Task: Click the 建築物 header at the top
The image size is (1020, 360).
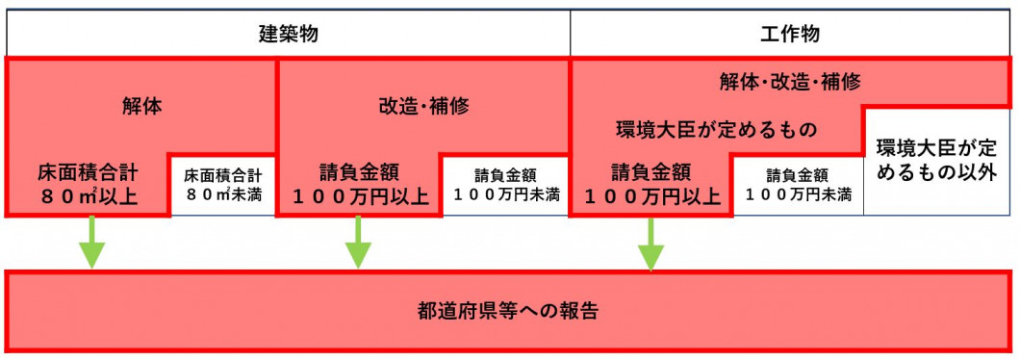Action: [x=288, y=35]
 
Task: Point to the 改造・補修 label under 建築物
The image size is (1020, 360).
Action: [x=423, y=107]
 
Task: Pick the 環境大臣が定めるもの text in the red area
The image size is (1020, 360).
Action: [x=716, y=129]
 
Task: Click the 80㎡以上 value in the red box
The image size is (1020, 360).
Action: [x=88, y=197]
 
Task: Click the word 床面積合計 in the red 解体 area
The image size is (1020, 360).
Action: [x=89, y=173]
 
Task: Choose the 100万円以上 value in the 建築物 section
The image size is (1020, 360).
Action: [x=362, y=197]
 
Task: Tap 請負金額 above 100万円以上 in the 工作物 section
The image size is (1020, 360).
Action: [x=651, y=173]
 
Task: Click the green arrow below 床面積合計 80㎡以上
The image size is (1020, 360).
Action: [x=91, y=242]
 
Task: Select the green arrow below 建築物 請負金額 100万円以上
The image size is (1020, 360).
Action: [x=358, y=242]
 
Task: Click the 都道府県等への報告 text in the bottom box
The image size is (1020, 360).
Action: [x=508, y=311]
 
